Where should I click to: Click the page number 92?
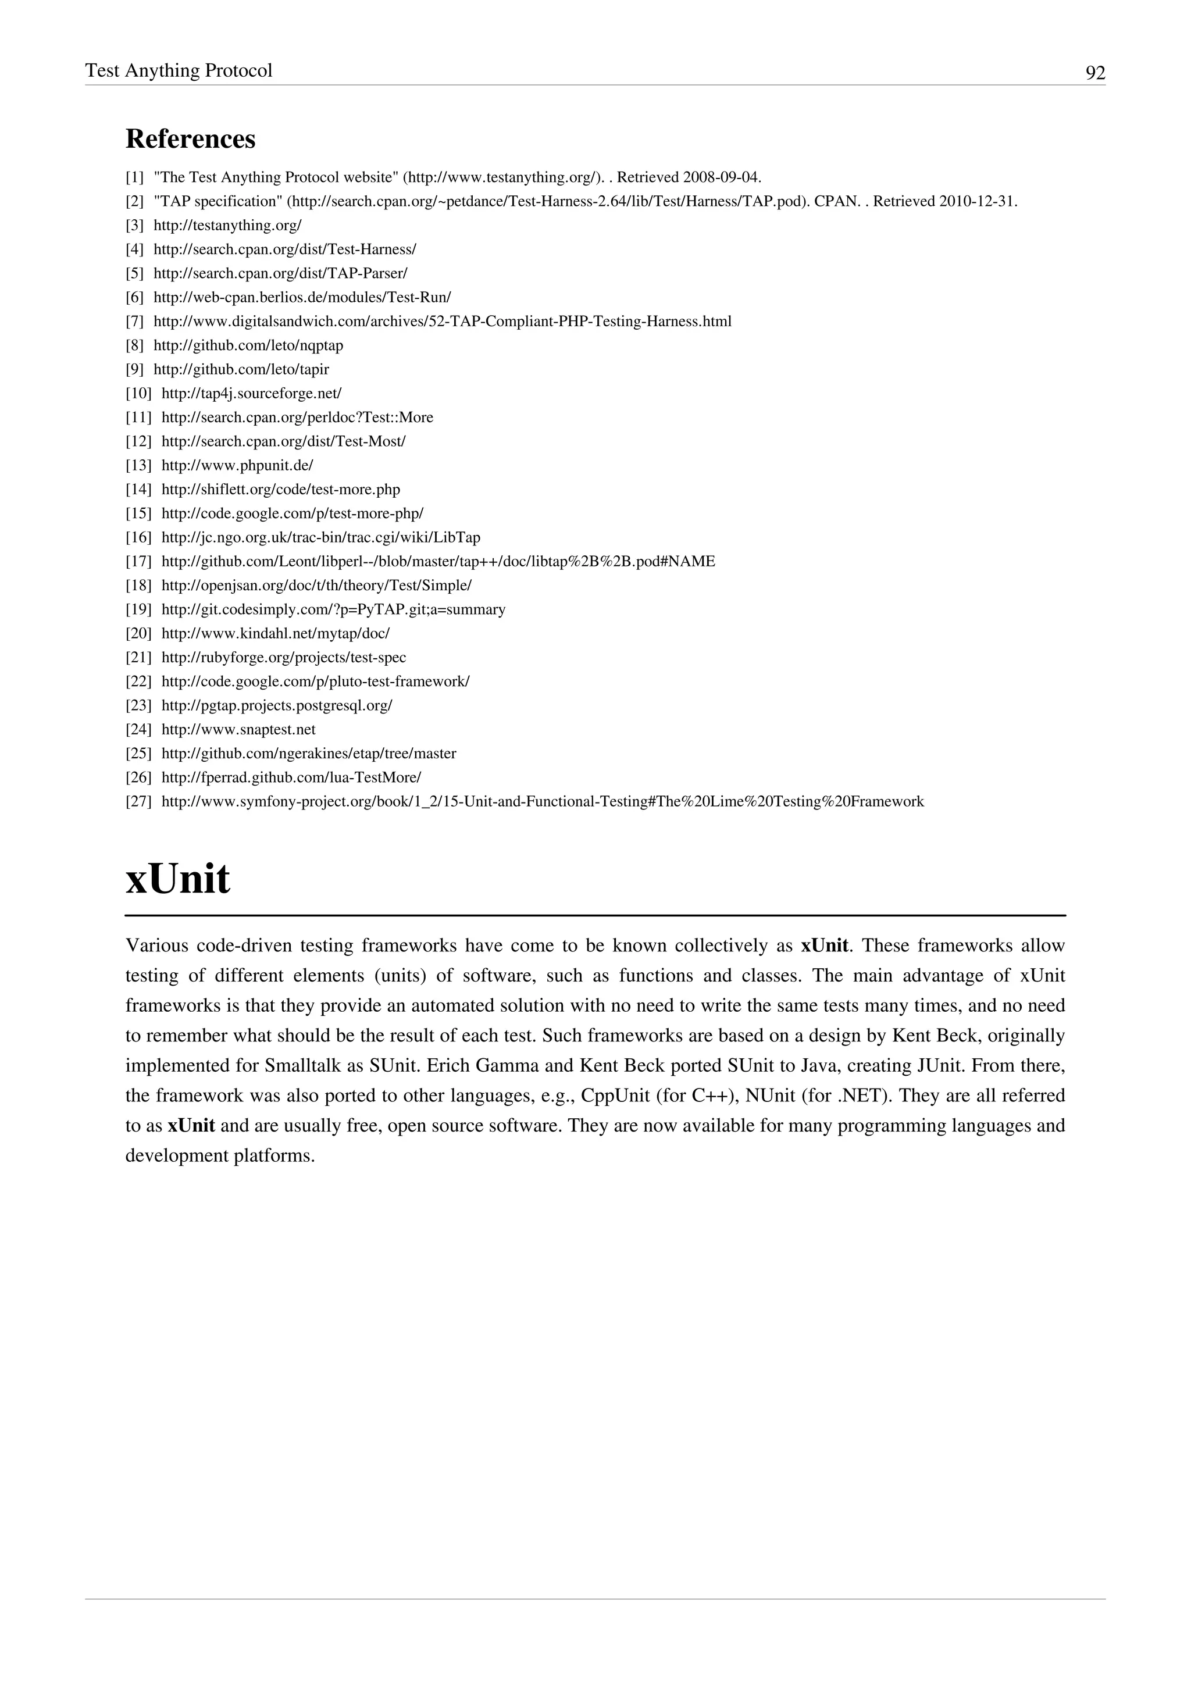(1095, 73)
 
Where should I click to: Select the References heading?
(191, 138)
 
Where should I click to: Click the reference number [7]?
(134, 321)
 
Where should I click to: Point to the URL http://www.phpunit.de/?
(237, 465)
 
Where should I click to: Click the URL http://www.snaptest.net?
(238, 730)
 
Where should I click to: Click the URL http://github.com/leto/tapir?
(241, 369)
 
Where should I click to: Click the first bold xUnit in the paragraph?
(824, 946)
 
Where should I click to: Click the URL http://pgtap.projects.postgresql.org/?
(276, 705)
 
